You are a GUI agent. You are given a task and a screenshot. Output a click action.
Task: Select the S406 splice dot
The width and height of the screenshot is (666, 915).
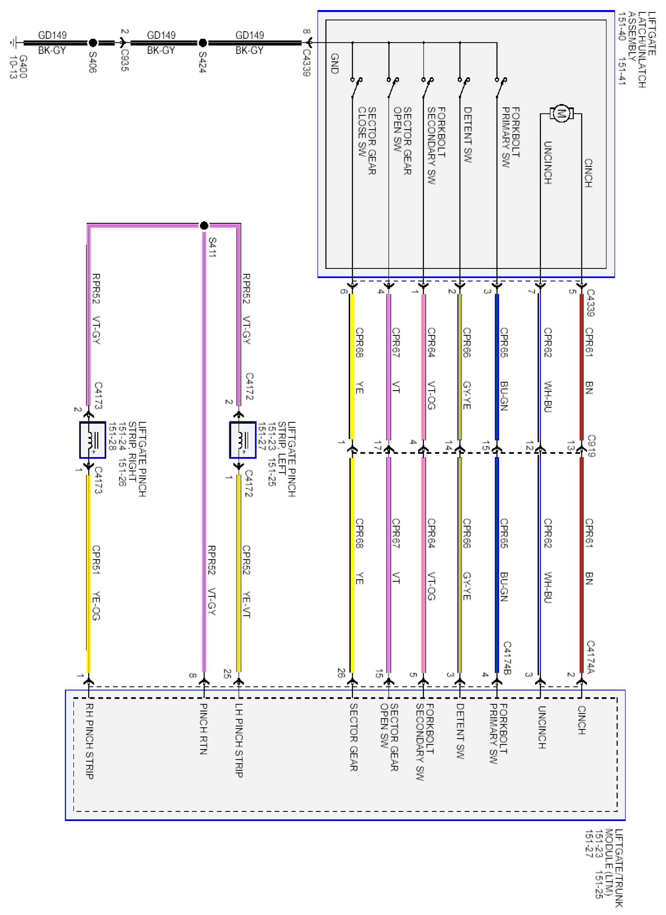tap(93, 43)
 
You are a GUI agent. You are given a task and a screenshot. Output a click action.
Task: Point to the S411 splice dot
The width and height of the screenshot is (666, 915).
tap(204, 225)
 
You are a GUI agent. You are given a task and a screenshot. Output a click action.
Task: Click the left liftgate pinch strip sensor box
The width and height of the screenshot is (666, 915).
tap(243, 440)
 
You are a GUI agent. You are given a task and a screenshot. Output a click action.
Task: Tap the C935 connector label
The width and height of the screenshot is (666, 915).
tap(125, 60)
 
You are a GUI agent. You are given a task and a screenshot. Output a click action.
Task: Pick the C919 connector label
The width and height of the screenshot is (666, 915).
tap(591, 445)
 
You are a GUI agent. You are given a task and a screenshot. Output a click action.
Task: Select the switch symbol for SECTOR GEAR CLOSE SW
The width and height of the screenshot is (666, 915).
tap(356, 87)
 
